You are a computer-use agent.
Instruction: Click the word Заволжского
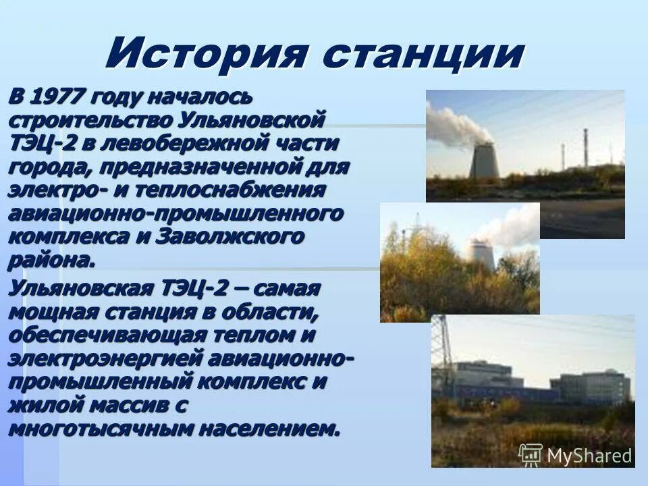(230, 237)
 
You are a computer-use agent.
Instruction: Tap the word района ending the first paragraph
(47, 260)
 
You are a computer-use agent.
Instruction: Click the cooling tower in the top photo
(483, 160)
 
